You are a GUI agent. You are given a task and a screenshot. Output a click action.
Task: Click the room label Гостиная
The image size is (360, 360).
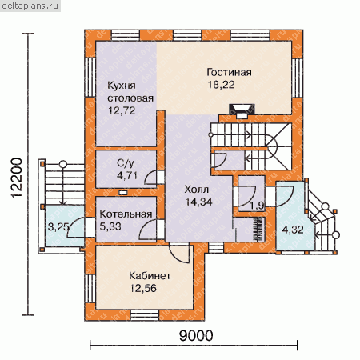click(x=229, y=72)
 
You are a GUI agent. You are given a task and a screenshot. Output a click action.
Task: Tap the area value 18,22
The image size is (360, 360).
click(x=221, y=85)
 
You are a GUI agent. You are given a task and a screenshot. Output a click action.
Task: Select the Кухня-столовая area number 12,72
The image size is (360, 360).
click(x=122, y=110)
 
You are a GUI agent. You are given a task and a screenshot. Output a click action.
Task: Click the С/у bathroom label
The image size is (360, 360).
click(x=126, y=163)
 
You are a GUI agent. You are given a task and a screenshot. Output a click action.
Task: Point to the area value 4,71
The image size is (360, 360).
click(x=127, y=175)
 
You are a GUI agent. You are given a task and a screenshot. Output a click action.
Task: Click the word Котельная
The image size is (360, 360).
click(x=126, y=214)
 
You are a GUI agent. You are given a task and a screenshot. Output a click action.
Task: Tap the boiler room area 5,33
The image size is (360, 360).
click(x=110, y=226)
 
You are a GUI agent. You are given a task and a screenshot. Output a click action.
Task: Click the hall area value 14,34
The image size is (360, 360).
click(x=198, y=202)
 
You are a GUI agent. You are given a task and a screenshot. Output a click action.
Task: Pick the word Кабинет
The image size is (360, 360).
click(x=150, y=276)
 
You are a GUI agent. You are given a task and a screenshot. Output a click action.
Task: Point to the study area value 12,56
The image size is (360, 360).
click(x=143, y=288)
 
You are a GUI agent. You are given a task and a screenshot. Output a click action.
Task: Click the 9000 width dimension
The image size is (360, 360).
click(x=196, y=335)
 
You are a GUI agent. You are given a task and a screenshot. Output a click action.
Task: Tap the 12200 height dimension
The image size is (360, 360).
click(x=17, y=178)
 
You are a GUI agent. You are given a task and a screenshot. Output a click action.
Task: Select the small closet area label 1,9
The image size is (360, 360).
click(x=258, y=206)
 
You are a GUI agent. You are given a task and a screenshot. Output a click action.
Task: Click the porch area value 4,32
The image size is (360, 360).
click(x=293, y=230)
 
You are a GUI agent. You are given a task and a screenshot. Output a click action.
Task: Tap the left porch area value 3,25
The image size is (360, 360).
click(x=58, y=227)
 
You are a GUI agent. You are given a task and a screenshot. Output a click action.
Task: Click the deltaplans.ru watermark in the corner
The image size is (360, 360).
click(x=30, y=6)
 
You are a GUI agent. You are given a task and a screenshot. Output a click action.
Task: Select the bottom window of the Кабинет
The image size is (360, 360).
click(x=145, y=315)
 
